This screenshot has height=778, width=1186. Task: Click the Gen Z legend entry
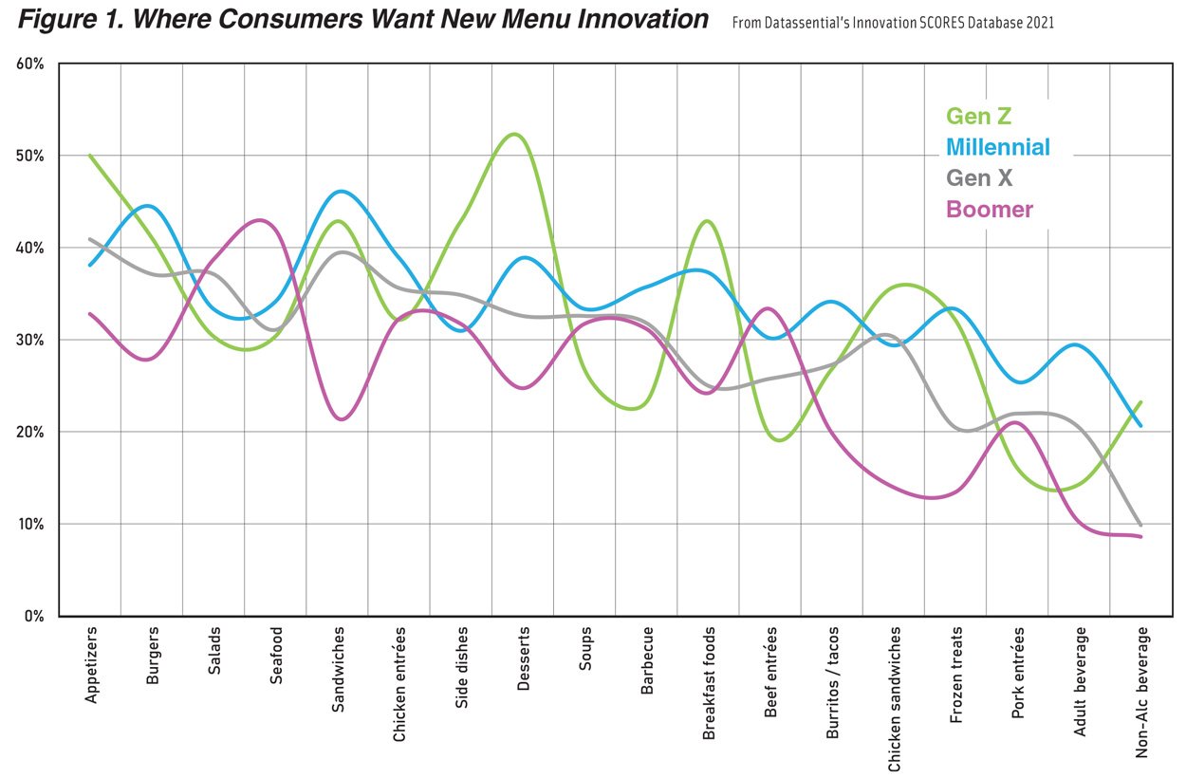[979, 118]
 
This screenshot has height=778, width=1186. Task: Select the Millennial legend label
[998, 147]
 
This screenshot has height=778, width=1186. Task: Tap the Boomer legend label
[989, 209]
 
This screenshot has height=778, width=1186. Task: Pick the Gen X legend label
[979, 177]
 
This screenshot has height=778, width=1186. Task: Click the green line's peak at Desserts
[514, 134]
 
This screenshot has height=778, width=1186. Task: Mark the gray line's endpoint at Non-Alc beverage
[1140, 525]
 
